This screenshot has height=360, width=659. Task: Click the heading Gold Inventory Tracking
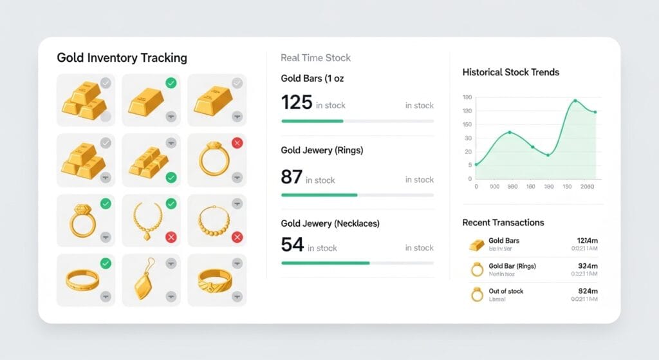click(122, 58)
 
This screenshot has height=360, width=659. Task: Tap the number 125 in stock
click(297, 102)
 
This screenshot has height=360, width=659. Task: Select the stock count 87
click(292, 176)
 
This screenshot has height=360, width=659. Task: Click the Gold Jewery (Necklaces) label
click(330, 223)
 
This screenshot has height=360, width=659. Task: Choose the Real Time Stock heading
click(316, 58)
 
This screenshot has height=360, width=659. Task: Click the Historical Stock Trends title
click(511, 72)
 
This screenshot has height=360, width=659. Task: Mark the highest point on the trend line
click(575, 100)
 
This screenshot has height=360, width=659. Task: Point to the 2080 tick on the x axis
click(587, 187)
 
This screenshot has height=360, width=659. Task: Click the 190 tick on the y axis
click(467, 97)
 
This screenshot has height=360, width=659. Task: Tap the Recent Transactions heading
click(503, 222)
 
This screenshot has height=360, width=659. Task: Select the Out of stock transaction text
click(506, 291)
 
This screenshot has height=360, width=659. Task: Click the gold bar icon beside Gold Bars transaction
click(476, 244)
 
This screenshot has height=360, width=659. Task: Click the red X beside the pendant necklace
click(171, 238)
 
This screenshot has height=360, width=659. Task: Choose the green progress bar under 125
click(312, 121)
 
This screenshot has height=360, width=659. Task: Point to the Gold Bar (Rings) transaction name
click(512, 266)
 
